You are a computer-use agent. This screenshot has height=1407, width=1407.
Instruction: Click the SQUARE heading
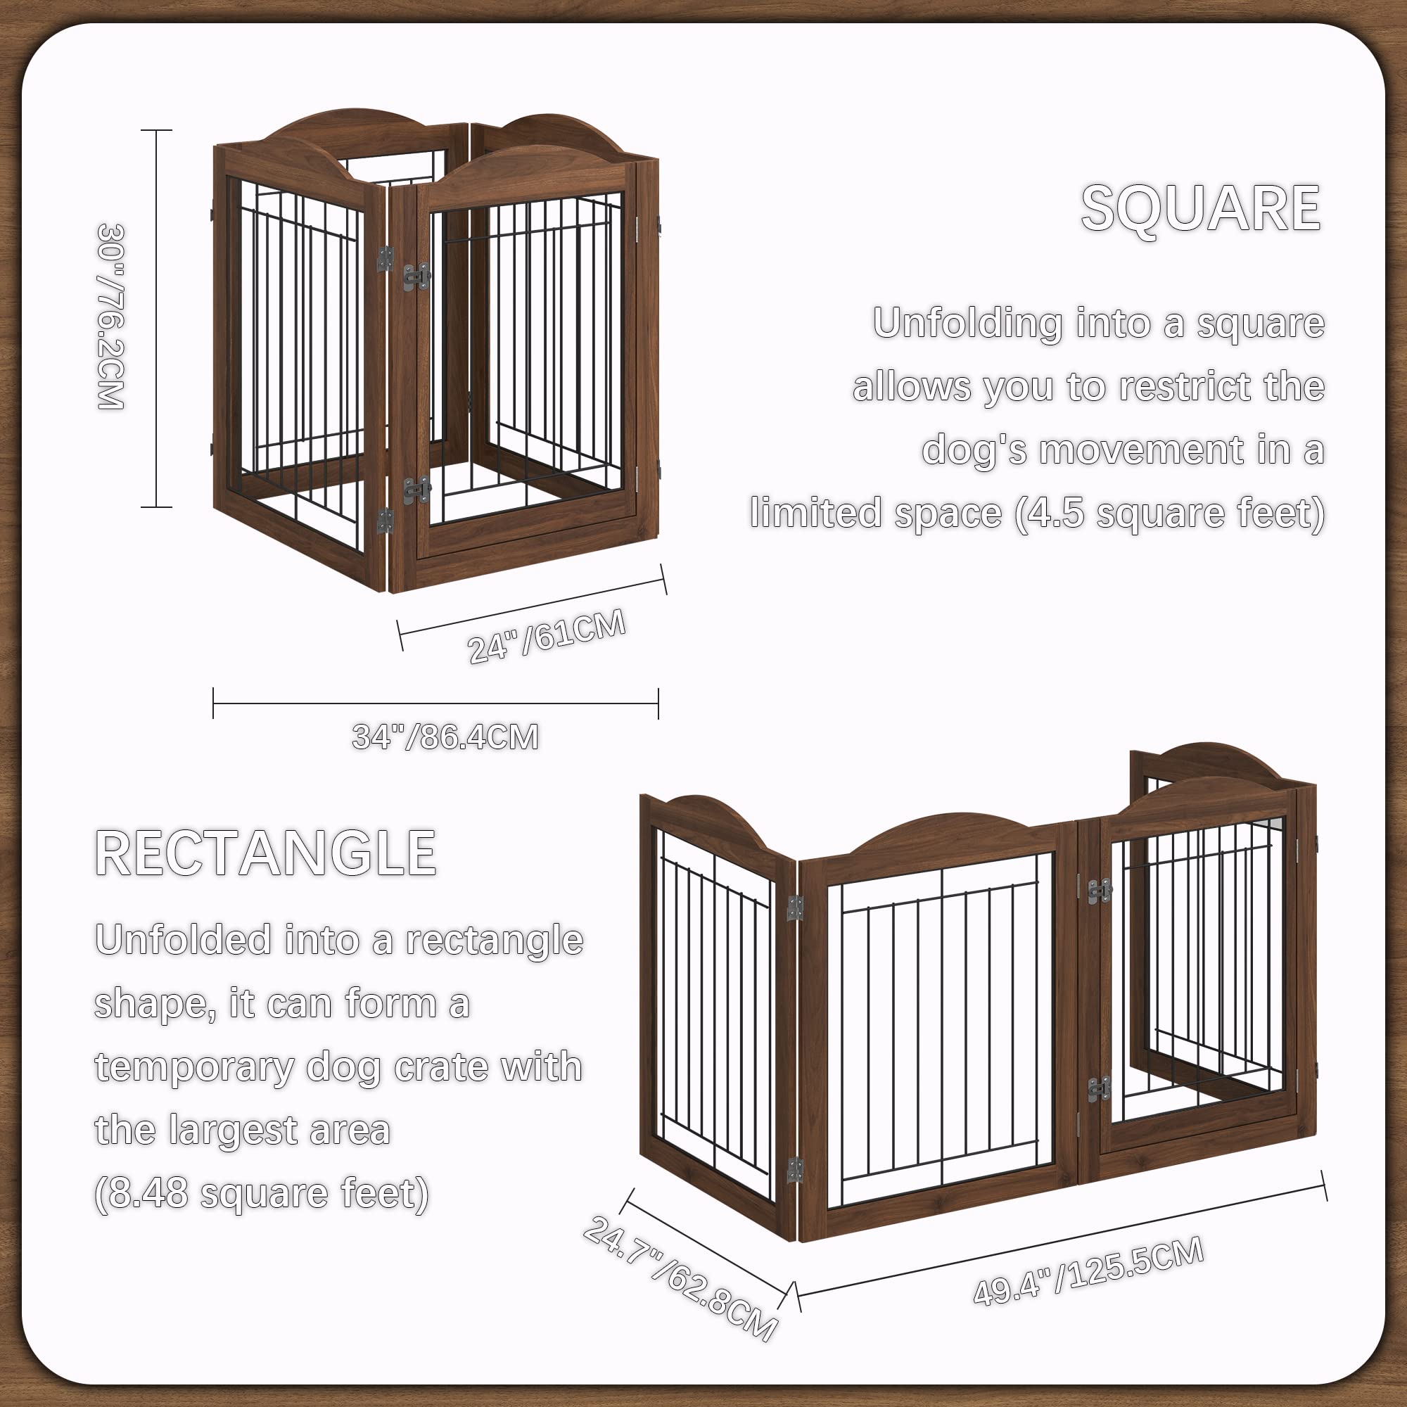[1200, 208]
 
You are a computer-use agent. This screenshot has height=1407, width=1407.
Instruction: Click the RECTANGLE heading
[266, 853]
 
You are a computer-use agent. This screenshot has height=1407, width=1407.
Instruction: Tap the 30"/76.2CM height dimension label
[111, 317]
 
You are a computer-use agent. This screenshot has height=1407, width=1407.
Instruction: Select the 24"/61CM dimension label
[546, 637]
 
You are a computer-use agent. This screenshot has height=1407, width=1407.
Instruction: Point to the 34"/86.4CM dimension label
[445, 737]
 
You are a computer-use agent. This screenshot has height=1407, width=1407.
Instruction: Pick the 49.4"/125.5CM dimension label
[1089, 1271]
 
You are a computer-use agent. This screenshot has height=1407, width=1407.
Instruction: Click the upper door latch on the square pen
[416, 276]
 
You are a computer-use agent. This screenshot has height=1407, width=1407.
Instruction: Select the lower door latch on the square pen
[416, 490]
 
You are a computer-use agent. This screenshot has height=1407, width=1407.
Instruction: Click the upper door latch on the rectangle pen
[1099, 891]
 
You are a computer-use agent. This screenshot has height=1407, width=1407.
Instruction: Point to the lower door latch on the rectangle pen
[1099, 1089]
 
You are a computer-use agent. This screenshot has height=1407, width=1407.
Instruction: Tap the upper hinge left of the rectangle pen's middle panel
[795, 908]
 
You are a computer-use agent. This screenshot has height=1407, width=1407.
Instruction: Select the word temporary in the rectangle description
[193, 1067]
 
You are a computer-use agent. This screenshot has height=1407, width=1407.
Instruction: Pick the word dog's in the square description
[974, 450]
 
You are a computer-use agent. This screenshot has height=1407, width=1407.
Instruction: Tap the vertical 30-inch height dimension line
[157, 318]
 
